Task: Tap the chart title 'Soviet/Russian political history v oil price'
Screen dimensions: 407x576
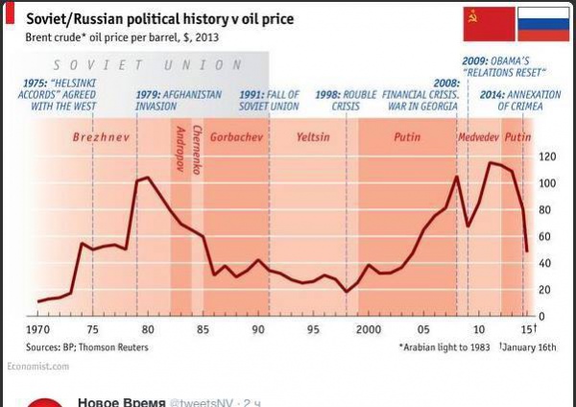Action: point(159,18)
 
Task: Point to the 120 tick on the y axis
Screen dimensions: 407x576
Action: point(548,156)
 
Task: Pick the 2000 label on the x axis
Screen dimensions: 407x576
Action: point(369,328)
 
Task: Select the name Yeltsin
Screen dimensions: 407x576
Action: point(313,137)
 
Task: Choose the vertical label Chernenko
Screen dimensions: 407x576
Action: point(196,150)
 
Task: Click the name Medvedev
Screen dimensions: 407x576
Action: point(478,137)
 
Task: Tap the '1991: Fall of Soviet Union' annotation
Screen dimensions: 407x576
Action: point(269,101)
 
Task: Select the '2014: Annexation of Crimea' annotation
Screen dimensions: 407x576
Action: point(509,101)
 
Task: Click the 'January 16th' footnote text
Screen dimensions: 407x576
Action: point(532,347)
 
